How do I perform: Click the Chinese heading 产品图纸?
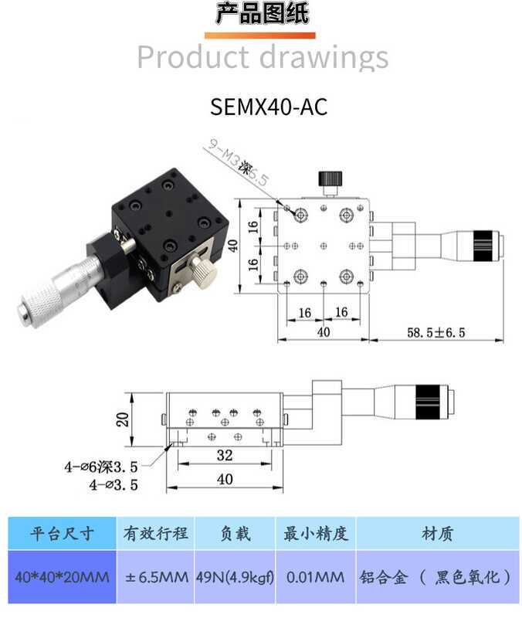[x=261, y=15]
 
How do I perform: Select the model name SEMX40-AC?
[x=268, y=107]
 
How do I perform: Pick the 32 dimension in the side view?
[x=224, y=455]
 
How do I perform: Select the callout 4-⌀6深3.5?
[x=100, y=467]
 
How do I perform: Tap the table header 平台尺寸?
[x=62, y=533]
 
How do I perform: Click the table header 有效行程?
[x=155, y=533]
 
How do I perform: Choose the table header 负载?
[x=235, y=533]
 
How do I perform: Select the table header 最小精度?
[x=316, y=533]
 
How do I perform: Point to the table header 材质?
[x=437, y=533]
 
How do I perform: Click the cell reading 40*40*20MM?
[x=62, y=577]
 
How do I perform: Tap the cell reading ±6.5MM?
[x=155, y=577]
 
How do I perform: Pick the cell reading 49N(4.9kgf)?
[x=235, y=577]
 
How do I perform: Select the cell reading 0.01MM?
[x=316, y=577]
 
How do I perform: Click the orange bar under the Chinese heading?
[x=260, y=35]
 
